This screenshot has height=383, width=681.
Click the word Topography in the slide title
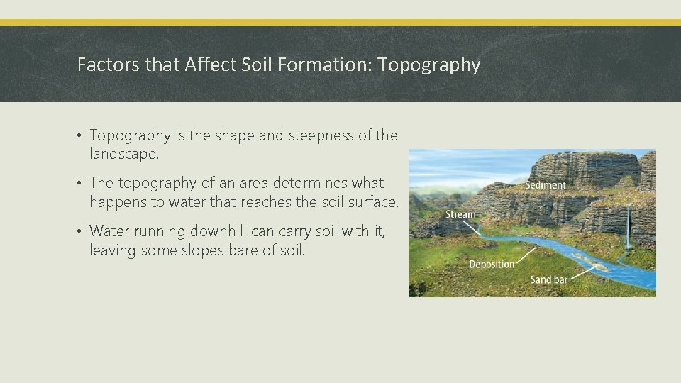pyautogui.click(x=429, y=65)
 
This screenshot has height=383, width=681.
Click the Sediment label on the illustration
pyautogui.click(x=545, y=185)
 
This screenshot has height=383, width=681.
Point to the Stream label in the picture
pyautogui.click(x=460, y=214)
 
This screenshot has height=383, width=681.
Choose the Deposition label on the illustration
pyautogui.click(x=492, y=264)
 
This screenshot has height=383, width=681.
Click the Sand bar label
pyautogui.click(x=549, y=279)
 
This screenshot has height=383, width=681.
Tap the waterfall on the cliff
pyautogui.click(x=629, y=227)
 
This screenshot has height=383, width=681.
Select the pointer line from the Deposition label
pyautogui.click(x=526, y=256)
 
